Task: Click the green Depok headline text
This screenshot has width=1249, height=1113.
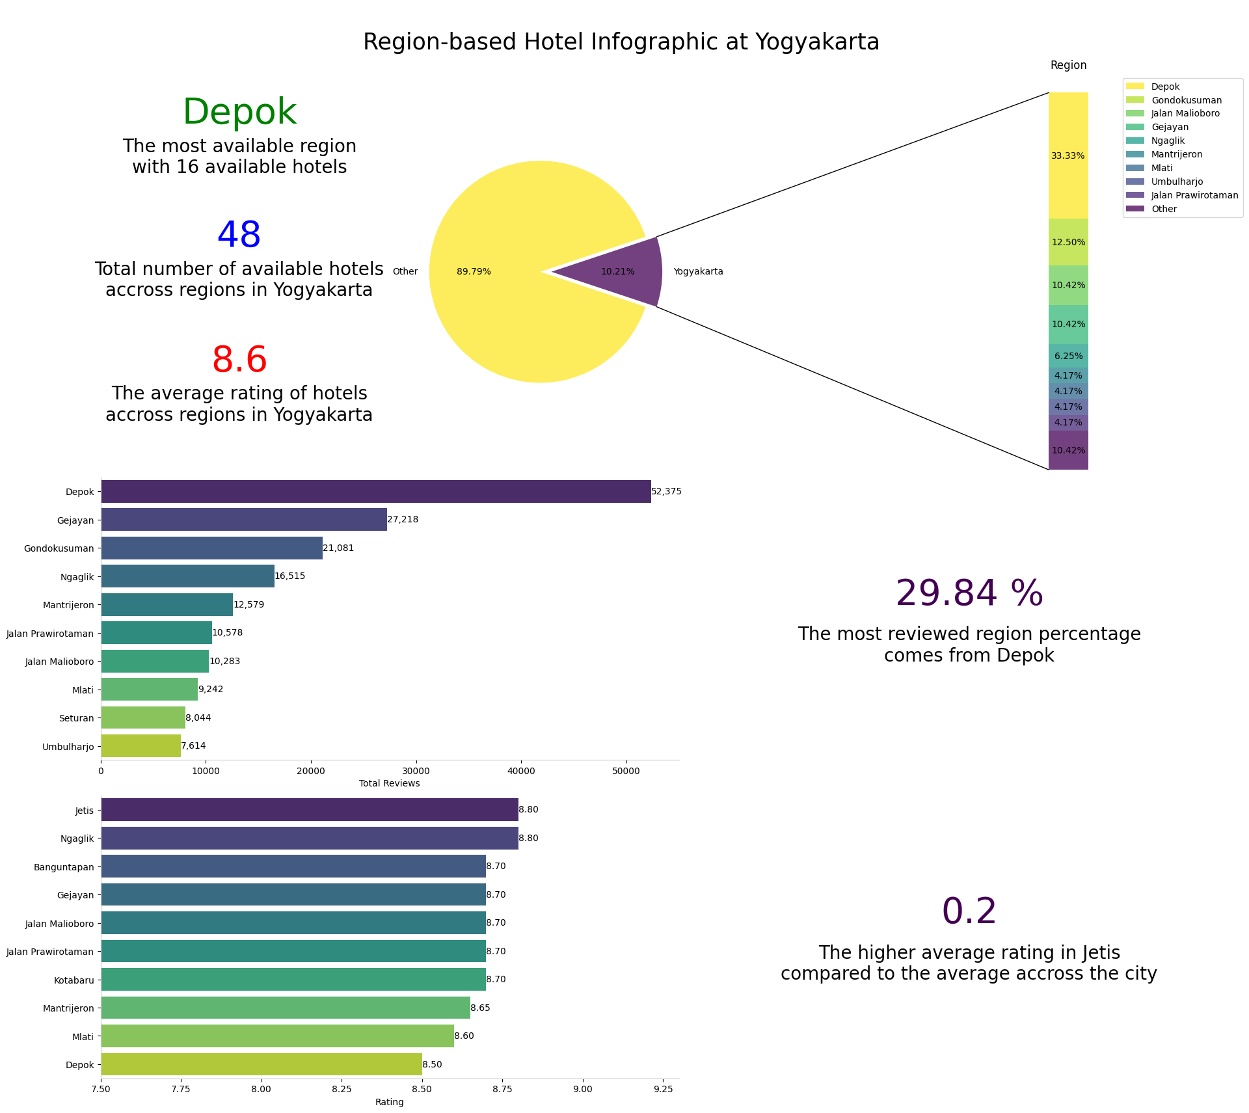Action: pyautogui.click(x=239, y=112)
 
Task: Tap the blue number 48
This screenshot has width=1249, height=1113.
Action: pyautogui.click(x=239, y=235)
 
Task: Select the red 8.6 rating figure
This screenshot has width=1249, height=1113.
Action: pyautogui.click(x=239, y=360)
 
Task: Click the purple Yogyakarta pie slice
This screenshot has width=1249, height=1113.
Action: pyautogui.click(x=624, y=271)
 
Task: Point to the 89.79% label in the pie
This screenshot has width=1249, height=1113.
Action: pyautogui.click(x=474, y=272)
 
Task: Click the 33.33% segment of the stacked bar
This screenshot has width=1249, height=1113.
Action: pyautogui.click(x=1068, y=155)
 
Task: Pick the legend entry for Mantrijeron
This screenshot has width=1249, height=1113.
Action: pyautogui.click(x=1176, y=155)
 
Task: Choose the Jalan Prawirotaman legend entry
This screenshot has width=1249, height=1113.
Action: pyautogui.click(x=1194, y=196)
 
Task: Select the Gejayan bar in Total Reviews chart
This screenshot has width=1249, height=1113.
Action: pyautogui.click(x=244, y=520)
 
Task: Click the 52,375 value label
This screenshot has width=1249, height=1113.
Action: pyautogui.click(x=666, y=492)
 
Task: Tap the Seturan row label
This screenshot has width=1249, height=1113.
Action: pyautogui.click(x=77, y=718)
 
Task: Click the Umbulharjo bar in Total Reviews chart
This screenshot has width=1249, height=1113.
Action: pyautogui.click(x=141, y=746)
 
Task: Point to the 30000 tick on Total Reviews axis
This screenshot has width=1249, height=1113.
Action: pyautogui.click(x=416, y=771)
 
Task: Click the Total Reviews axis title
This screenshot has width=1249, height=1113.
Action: pyautogui.click(x=389, y=784)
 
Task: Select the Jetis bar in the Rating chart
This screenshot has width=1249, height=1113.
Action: pyautogui.click(x=309, y=810)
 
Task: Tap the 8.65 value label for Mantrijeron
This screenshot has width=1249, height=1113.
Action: pyautogui.click(x=480, y=1008)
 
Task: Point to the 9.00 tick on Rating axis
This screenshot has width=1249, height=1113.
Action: pyautogui.click(x=582, y=1090)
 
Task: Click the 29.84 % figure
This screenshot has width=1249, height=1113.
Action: pyautogui.click(x=969, y=594)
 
